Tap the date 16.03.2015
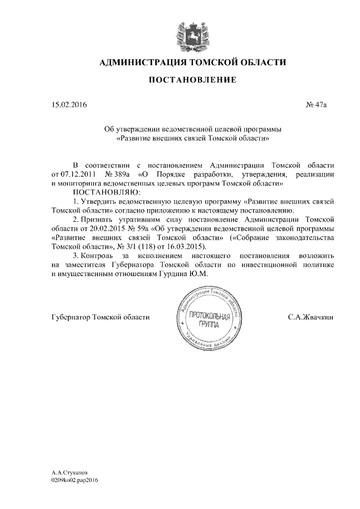click(191, 247)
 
